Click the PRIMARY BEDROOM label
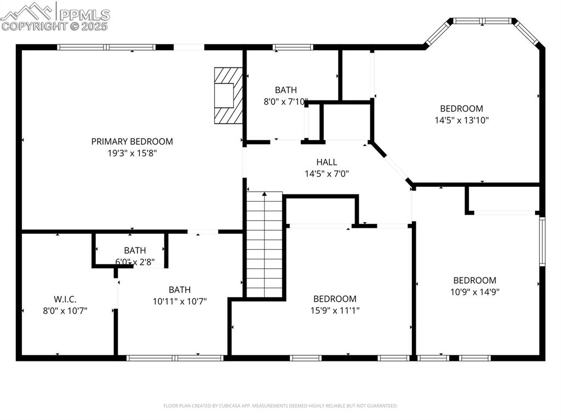coord(132,141)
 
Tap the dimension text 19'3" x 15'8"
coord(132,153)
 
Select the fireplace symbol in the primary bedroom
coord(228,96)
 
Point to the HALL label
coord(327,162)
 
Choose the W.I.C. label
coord(65,299)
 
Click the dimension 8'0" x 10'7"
coord(65,310)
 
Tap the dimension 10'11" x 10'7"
coord(180,301)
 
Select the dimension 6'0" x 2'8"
coord(135,262)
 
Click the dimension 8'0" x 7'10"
coord(285,101)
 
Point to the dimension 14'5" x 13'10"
coord(461,120)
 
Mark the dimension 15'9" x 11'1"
coord(335,310)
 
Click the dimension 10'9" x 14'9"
coord(474,292)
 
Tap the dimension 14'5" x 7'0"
coord(327,174)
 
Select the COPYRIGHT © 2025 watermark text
coord(55,26)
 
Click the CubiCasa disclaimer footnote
coord(280,406)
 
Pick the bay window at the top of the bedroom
coord(482,21)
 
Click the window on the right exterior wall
coord(542,241)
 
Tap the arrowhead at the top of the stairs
coord(265,194)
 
